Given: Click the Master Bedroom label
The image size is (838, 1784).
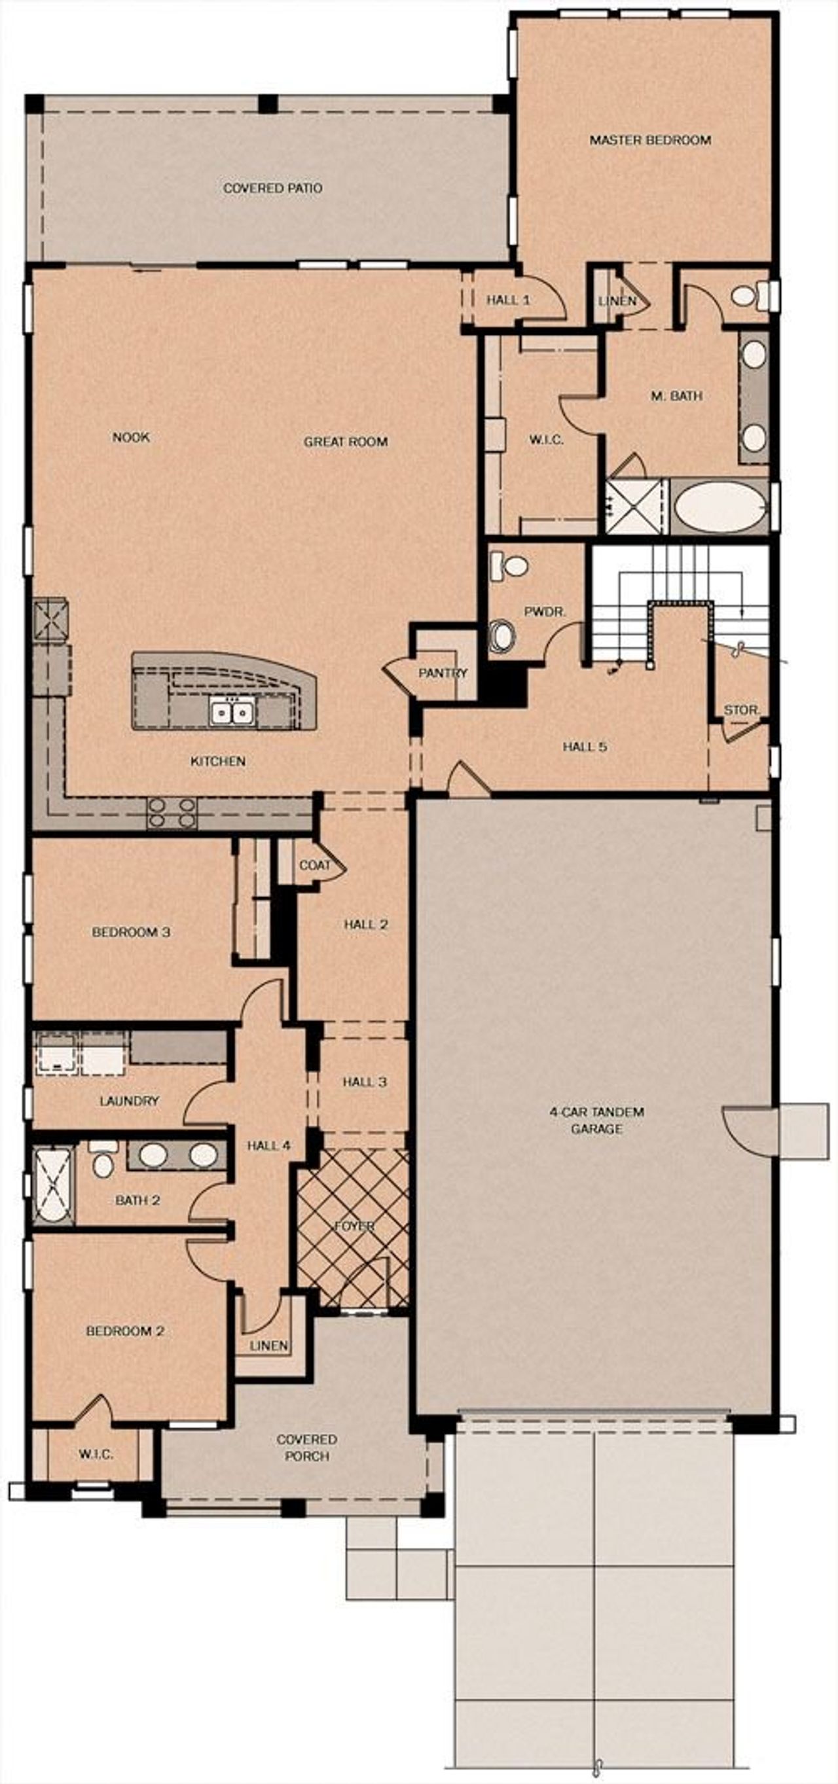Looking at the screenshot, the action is pyautogui.click(x=650, y=140).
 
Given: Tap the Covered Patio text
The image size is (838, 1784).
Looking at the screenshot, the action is pyautogui.click(x=272, y=188).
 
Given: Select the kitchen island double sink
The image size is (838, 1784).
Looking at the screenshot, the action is pyautogui.click(x=232, y=711).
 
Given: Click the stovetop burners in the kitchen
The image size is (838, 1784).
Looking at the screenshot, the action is pyautogui.click(x=172, y=812).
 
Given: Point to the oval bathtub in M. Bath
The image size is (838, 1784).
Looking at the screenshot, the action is pyautogui.click(x=720, y=507).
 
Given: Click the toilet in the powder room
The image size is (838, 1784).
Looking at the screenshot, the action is pyautogui.click(x=509, y=566).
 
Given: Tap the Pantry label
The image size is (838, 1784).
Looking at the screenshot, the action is pyautogui.click(x=443, y=673).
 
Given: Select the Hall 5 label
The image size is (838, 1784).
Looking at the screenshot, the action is pyautogui.click(x=585, y=747).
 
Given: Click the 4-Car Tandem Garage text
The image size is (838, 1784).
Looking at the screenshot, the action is pyautogui.click(x=596, y=1120).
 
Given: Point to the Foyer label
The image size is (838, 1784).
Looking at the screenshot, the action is pyautogui.click(x=355, y=1226).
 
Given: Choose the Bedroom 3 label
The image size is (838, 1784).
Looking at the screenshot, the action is pyautogui.click(x=131, y=932).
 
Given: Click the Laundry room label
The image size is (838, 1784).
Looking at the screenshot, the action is pyautogui.click(x=129, y=1101).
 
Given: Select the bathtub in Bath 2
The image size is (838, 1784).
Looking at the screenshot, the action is pyautogui.click(x=52, y=1185).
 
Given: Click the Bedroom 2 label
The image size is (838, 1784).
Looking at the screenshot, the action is pyautogui.click(x=124, y=1331).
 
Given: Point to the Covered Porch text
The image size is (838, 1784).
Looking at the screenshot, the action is pyautogui.click(x=307, y=1448).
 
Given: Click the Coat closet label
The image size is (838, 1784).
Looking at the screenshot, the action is pyautogui.click(x=314, y=865).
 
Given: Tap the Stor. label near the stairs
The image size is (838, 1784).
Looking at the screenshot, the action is pyautogui.click(x=742, y=710).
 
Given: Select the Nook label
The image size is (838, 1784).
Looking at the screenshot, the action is pyautogui.click(x=131, y=437).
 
